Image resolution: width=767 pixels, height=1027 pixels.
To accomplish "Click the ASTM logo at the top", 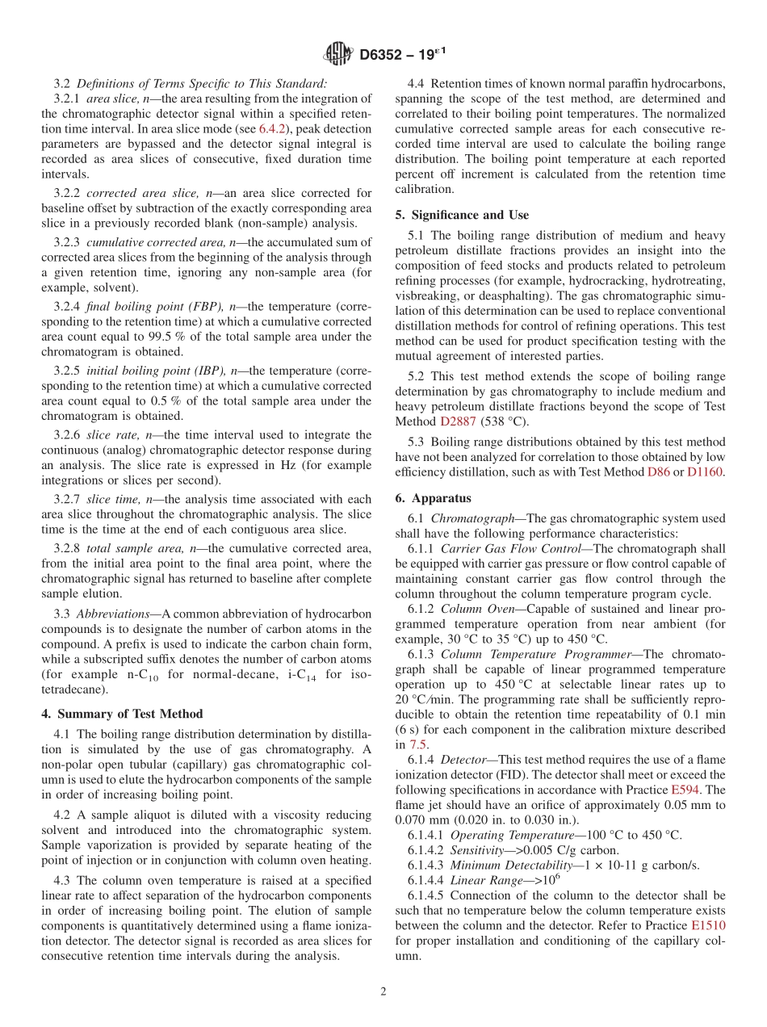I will point(337,54).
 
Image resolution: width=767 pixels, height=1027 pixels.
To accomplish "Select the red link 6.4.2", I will point(271,128).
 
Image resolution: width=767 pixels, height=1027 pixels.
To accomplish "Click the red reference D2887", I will point(458,421).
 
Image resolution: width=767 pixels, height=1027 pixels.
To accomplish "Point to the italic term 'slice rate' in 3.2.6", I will point(112,435).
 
